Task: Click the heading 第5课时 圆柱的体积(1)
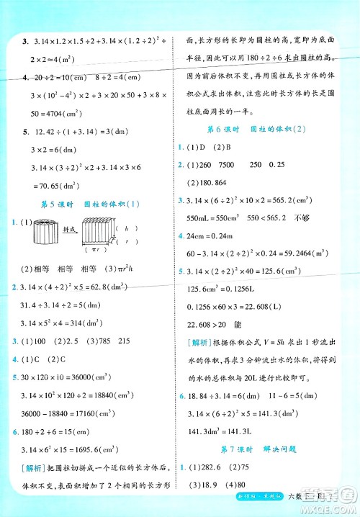[90, 203]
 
